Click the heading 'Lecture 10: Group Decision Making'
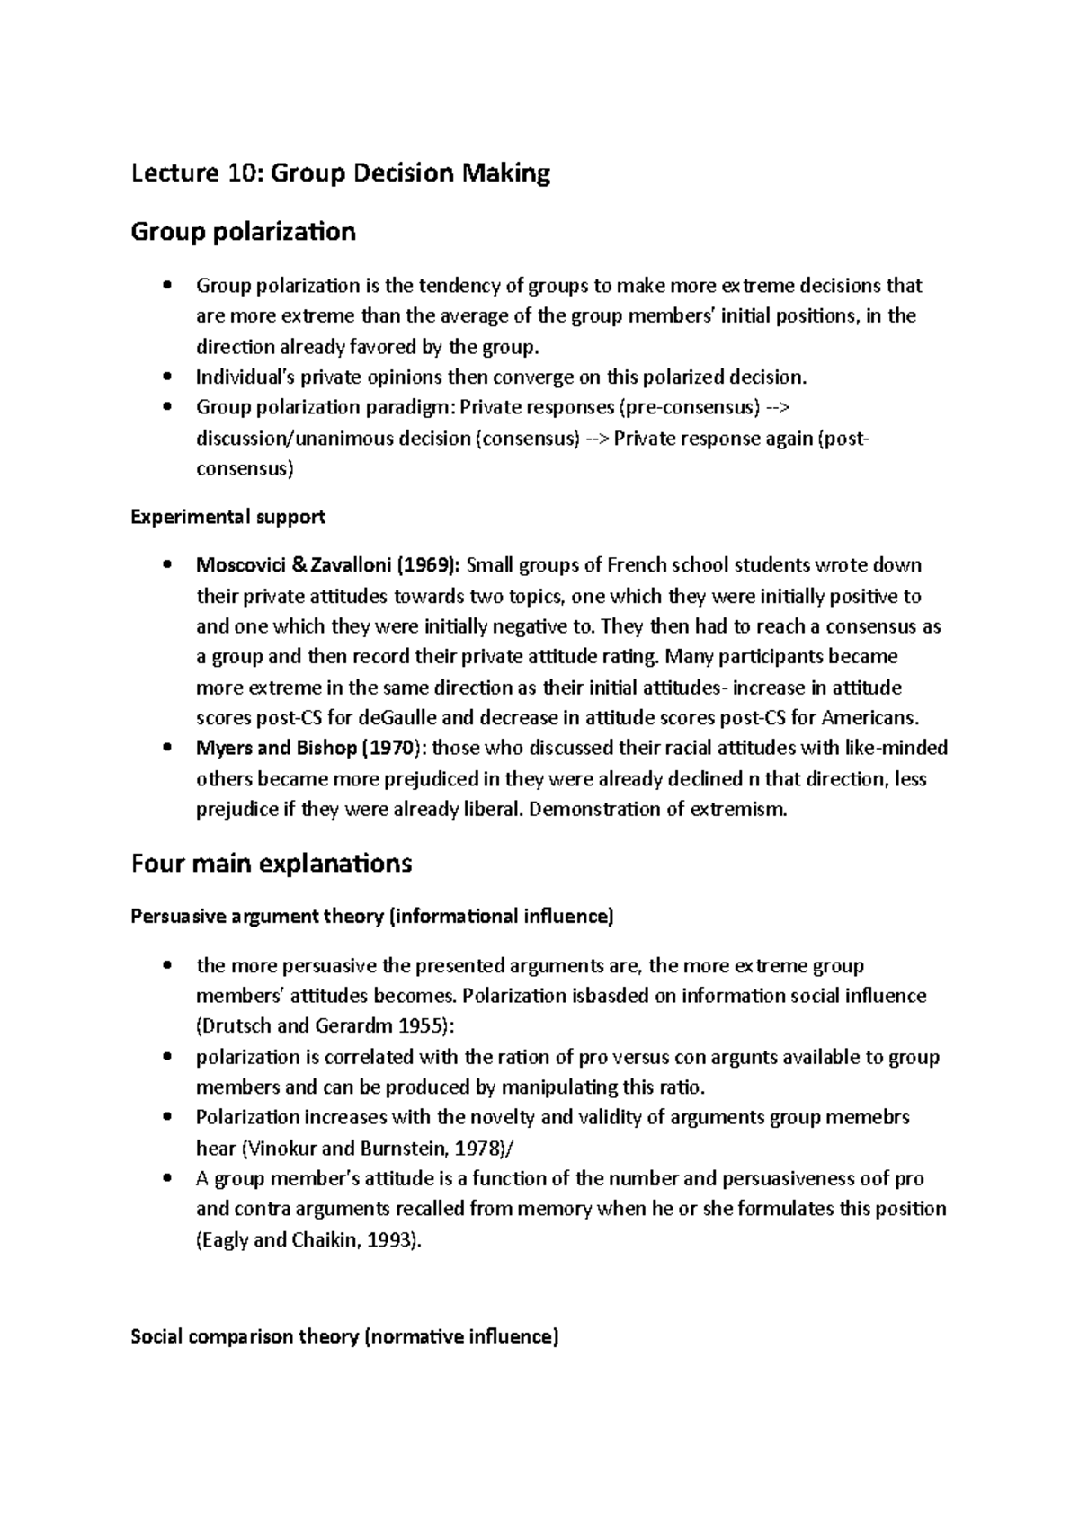pos(340,173)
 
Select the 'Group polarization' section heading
pos(243,232)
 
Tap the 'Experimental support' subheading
pos(227,518)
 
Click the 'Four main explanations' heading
pos(271,864)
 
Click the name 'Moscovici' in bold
pos(237,565)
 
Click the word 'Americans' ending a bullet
pos(875,718)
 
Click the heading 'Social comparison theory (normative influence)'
pos(344,1336)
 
